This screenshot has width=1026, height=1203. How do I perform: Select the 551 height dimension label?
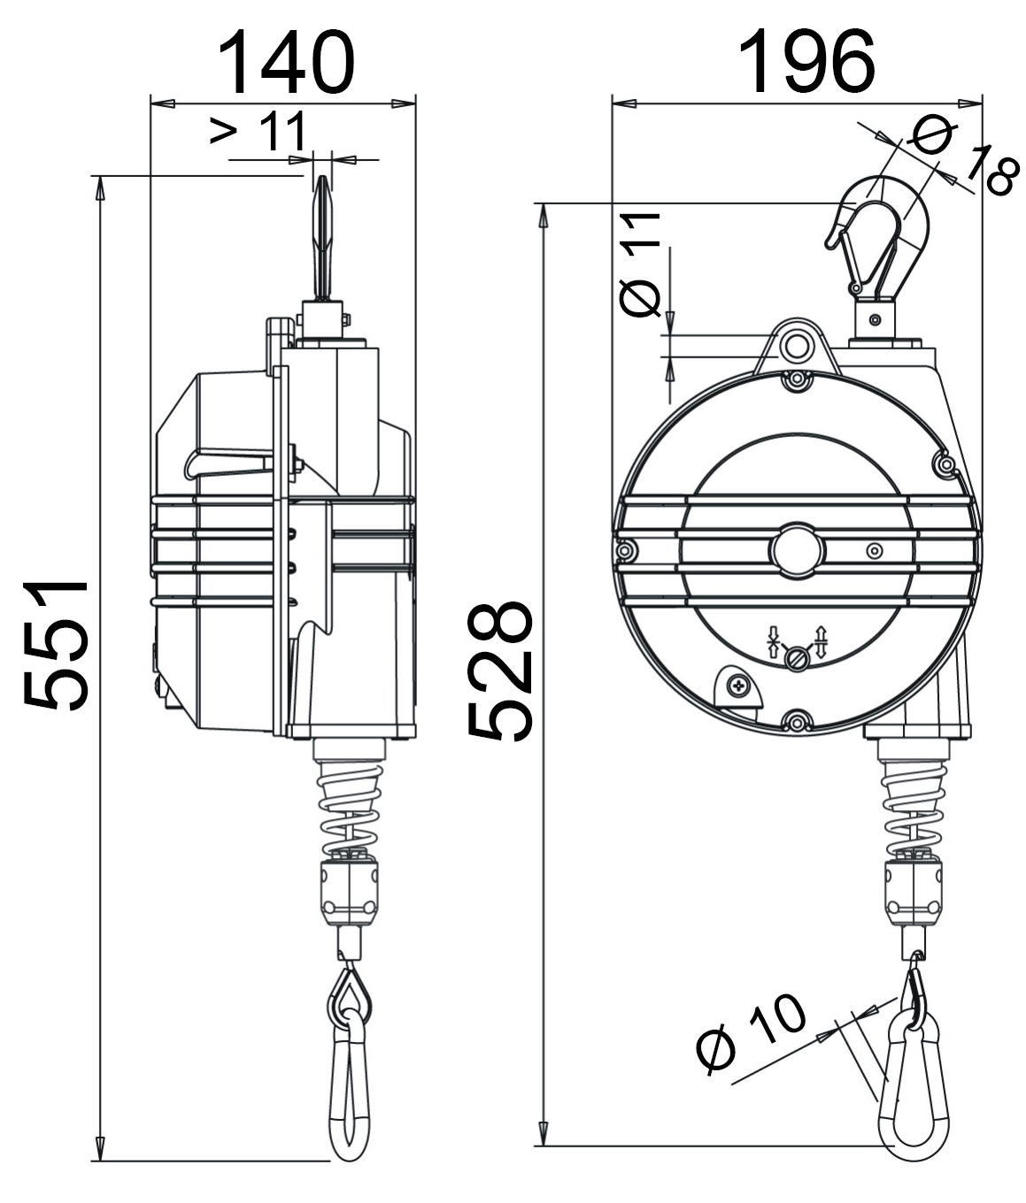point(56,646)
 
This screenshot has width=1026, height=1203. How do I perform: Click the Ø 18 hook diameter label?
point(961,156)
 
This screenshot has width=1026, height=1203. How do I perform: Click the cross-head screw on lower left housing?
point(737,686)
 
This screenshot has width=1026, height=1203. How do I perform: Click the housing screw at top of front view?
point(798,381)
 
